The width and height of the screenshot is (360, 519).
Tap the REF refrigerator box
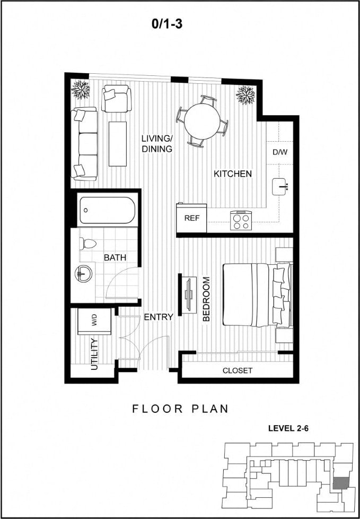click(x=191, y=218)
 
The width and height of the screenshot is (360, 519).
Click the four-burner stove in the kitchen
click(x=240, y=220)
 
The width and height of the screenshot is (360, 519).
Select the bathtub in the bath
click(x=108, y=211)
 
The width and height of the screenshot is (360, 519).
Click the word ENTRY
click(x=159, y=317)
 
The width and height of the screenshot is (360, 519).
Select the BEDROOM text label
click(x=206, y=299)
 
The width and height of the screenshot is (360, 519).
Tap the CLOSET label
click(x=237, y=370)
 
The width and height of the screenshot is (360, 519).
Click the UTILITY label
click(x=94, y=354)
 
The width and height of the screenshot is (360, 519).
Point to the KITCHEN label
click(x=232, y=174)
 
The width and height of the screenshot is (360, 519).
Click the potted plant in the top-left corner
click(x=81, y=89)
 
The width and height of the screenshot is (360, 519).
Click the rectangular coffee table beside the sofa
click(x=118, y=144)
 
